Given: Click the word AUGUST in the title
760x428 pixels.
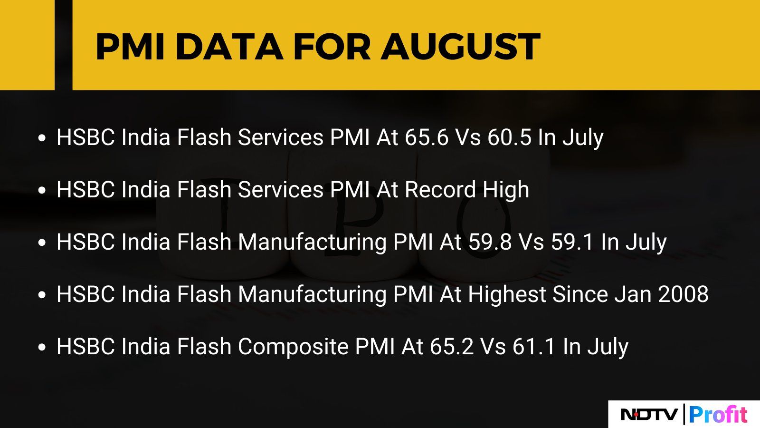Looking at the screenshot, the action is click(460, 47).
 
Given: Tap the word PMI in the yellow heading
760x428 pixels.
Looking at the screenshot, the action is click(131, 47).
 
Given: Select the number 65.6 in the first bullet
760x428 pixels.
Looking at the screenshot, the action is click(427, 137).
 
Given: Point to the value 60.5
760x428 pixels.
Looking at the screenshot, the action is click(509, 137).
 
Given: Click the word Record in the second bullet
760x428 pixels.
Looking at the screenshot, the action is click(440, 190).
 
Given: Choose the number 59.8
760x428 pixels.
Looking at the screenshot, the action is click(490, 242).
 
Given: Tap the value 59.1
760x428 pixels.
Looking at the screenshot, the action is click(572, 242).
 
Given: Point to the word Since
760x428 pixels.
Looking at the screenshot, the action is click(580, 294).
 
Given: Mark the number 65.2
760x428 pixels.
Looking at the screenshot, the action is click(452, 347).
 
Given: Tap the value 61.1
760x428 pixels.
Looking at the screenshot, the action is click(534, 347).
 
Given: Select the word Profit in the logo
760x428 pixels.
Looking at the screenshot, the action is click(718, 414).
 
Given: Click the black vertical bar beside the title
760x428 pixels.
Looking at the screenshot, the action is click(64, 45).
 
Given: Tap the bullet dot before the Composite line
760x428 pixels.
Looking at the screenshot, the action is click(42, 347).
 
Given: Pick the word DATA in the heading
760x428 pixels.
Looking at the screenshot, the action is click(229, 47).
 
